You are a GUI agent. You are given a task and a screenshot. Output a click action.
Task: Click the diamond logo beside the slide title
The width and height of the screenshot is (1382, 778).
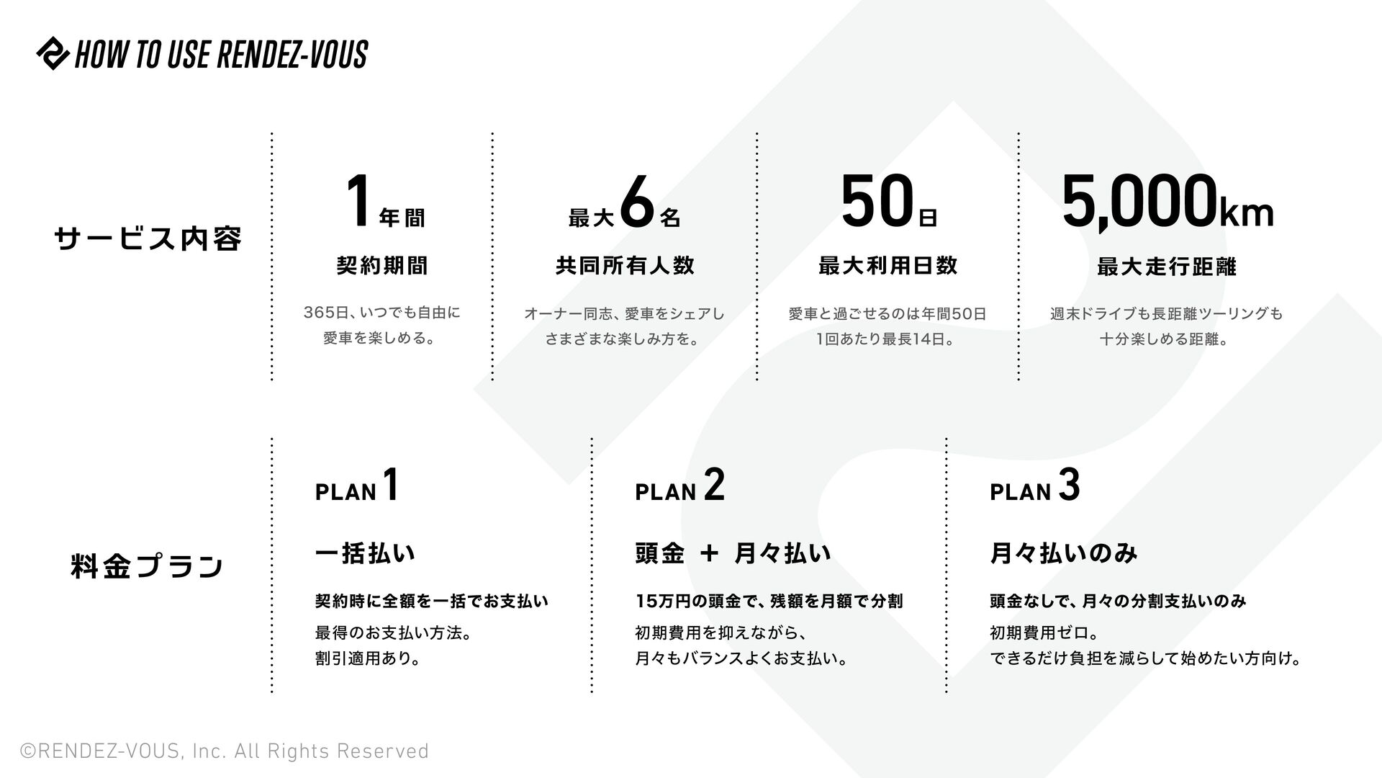[53, 53]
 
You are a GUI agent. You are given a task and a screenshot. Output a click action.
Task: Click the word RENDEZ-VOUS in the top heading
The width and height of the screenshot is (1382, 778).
[292, 55]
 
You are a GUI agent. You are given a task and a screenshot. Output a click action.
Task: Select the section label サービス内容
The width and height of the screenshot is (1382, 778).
[148, 238]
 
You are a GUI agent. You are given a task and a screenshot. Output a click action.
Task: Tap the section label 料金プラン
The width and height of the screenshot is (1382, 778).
[148, 566]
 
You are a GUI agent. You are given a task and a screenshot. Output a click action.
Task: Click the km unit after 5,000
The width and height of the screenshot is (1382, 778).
[1247, 213]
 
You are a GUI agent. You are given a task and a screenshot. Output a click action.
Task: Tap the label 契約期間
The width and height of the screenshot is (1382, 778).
[382, 266]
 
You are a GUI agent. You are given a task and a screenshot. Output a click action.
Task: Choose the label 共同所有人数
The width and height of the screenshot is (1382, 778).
[625, 266]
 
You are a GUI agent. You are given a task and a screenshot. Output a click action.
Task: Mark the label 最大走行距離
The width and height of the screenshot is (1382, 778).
[1166, 267]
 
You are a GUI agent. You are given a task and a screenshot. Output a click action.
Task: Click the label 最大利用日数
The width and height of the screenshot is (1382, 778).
[888, 266]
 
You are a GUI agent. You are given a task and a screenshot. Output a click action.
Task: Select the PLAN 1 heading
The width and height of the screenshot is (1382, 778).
[357, 486]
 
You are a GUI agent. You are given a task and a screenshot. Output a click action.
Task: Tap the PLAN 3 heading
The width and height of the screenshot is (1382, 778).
[1034, 486]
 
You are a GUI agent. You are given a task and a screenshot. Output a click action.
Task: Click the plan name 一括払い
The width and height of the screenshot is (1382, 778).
[365, 553]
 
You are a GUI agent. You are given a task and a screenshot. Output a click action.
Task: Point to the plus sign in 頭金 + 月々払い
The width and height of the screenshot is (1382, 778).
[709, 553]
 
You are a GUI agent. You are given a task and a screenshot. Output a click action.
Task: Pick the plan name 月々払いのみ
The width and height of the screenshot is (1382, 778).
[1064, 553]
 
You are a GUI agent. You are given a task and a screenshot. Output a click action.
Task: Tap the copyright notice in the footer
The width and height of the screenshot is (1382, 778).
[225, 751]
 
